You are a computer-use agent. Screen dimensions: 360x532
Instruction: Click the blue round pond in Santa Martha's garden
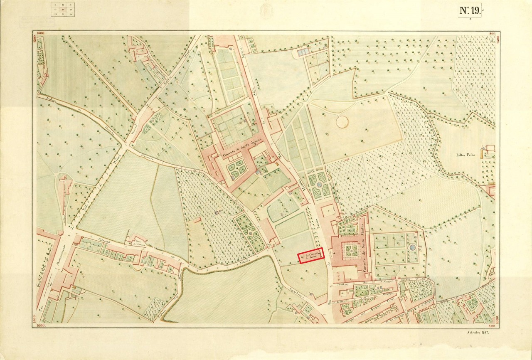click(411, 247)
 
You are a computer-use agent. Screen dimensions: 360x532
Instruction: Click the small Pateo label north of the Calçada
click(136, 243)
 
